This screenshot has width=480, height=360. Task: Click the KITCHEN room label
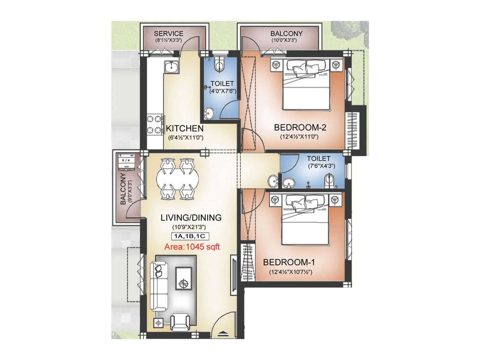pyautogui.click(x=184, y=128)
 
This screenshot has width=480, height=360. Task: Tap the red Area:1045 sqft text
pyautogui.click(x=192, y=247)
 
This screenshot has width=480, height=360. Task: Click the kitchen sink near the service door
pyautogui.click(x=171, y=67)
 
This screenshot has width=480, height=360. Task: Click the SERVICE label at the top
pyautogui.click(x=169, y=34)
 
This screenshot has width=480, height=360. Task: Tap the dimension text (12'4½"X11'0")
pyautogui.click(x=299, y=137)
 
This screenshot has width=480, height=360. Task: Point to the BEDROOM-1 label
pyautogui.click(x=289, y=262)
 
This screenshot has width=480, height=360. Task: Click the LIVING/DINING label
pyautogui.click(x=191, y=217)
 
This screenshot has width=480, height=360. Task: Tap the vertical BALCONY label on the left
pyautogui.click(x=123, y=189)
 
